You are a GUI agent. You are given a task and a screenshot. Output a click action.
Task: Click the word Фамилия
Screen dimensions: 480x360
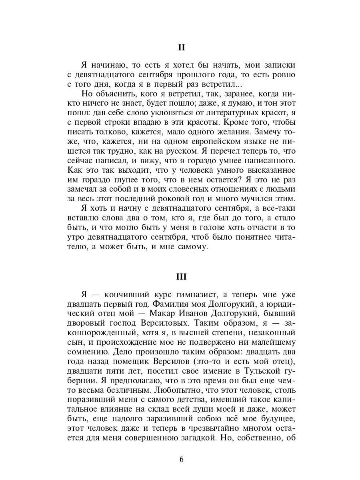170,304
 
